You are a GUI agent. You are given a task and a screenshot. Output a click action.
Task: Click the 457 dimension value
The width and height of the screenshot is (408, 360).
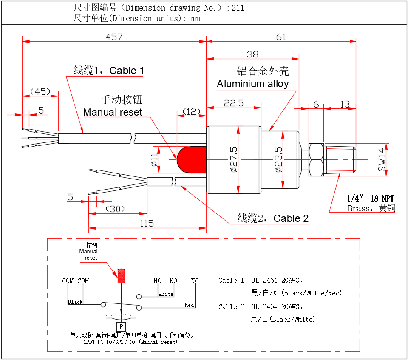coord(114,37)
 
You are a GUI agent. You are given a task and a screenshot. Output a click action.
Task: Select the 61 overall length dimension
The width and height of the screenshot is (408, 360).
coord(281,37)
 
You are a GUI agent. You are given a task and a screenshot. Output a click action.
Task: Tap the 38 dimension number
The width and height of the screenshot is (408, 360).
coord(252,54)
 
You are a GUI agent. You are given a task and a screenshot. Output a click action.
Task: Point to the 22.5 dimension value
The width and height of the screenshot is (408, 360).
coord(234,103)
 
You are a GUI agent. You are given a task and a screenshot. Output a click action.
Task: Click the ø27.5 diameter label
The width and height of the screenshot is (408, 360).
coord(233,160)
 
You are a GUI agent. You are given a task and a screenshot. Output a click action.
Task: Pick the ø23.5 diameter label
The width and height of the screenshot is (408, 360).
coord(279,160)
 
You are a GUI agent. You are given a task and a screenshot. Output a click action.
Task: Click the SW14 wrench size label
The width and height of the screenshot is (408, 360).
coord(382,160)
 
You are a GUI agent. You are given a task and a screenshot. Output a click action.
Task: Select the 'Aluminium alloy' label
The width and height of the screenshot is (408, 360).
coord(253,84)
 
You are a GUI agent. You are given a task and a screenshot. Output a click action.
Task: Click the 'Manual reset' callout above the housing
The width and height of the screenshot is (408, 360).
coord(113,112)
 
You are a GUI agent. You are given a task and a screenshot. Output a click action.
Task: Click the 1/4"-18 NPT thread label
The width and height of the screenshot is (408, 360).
coord(371,198)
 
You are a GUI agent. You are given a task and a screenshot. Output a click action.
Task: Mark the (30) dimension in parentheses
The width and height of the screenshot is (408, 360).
coord(115,209)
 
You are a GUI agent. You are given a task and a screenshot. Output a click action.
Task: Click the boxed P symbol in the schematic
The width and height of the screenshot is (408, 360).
coord(121,326)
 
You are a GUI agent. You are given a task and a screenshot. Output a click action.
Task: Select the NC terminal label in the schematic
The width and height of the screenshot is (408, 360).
coord(195,281)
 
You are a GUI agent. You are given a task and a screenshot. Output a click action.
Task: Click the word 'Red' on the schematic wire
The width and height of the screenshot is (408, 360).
coord(189,305)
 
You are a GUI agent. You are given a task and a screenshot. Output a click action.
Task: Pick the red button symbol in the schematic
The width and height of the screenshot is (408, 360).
coord(122,275)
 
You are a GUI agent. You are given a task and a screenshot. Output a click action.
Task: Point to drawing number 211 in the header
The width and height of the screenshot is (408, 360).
coord(238,8)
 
